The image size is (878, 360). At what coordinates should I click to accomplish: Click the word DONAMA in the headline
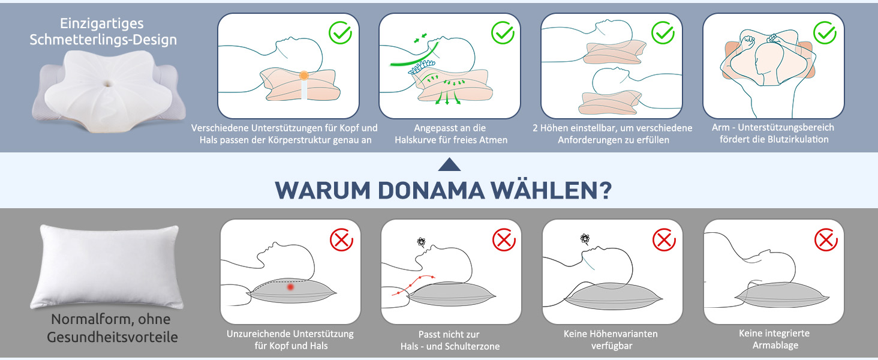431,191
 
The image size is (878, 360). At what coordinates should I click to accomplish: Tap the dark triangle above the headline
449,164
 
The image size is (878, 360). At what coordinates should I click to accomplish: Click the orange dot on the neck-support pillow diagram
304,75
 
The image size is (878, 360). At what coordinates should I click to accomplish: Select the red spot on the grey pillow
290,287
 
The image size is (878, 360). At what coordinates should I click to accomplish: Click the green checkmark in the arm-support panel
825,33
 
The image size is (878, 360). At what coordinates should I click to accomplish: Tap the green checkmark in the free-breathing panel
503,32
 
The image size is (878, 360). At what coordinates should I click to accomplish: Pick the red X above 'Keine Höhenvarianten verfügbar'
664,239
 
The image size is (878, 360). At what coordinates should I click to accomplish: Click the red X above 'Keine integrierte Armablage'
826,239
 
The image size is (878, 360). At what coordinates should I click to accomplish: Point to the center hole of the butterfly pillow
107,83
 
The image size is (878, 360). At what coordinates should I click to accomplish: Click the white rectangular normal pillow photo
107,266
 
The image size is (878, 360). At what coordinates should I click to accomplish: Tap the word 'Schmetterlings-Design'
103,40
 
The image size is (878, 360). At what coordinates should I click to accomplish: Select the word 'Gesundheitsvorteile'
112,337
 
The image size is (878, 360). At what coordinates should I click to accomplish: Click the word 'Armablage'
775,346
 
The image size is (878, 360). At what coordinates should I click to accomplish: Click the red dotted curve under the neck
414,285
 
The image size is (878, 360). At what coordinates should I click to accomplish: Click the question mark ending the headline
603,191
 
